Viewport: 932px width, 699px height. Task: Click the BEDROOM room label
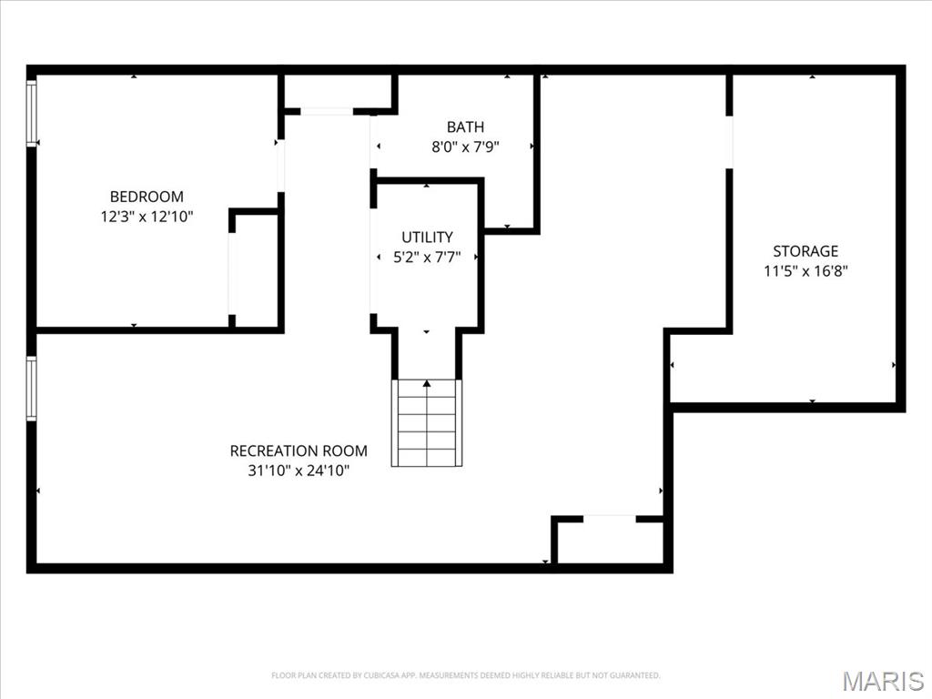click(147, 197)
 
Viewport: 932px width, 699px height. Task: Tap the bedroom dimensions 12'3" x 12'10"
click(147, 217)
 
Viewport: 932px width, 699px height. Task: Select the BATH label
click(465, 127)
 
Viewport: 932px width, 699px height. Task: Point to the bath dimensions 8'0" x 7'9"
click(465, 147)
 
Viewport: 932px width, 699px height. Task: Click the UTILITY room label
click(427, 238)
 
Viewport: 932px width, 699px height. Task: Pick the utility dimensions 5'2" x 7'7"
click(427, 258)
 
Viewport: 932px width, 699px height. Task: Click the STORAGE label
click(805, 251)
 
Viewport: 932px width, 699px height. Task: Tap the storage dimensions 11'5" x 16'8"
click(805, 270)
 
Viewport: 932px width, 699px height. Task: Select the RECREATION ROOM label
click(299, 451)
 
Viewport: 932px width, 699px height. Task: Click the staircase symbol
click(427, 424)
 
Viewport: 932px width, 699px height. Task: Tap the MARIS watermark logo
click(882, 681)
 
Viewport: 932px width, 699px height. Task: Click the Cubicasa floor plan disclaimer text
click(465, 675)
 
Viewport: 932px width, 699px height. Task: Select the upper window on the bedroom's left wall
click(32, 113)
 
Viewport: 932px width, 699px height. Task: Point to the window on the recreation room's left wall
click(32, 389)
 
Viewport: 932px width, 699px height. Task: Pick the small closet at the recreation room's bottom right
click(609, 542)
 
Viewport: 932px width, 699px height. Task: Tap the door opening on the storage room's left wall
click(729, 142)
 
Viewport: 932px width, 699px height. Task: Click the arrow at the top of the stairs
click(427, 384)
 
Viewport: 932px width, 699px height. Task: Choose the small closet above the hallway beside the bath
click(338, 92)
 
